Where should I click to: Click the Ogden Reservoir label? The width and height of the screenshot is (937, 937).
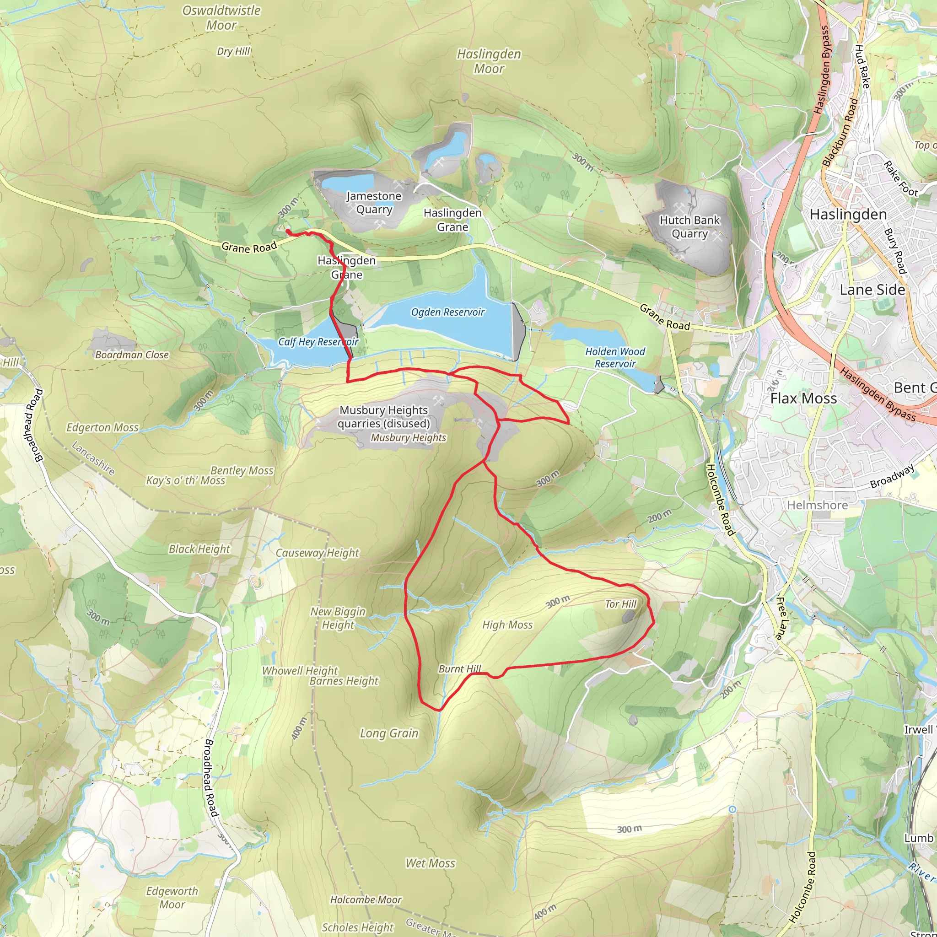(447, 312)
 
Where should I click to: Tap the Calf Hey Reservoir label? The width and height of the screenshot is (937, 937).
(318, 342)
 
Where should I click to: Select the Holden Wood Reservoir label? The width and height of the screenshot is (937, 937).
(615, 357)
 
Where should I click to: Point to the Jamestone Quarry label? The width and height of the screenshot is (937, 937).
(374, 203)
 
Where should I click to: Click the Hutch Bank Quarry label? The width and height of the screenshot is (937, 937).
(689, 227)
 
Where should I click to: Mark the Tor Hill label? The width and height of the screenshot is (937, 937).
(620, 604)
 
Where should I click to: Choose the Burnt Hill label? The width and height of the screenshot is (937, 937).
(459, 669)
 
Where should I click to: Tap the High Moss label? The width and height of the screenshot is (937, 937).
(507, 625)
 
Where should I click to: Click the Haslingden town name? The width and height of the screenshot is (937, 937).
(848, 215)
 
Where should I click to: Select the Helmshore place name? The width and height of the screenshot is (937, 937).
(817, 506)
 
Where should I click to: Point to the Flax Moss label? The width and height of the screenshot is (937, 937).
(803, 398)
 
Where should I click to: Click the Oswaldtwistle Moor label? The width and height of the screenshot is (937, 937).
(221, 18)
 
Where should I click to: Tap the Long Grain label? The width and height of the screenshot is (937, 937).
(389, 733)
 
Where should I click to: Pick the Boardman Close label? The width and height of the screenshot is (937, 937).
(132, 355)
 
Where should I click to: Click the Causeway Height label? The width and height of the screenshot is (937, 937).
(317, 553)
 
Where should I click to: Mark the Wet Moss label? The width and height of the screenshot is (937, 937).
(430, 863)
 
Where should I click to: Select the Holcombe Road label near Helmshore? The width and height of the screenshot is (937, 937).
(720, 500)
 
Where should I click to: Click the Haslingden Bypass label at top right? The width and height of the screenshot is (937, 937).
(823, 70)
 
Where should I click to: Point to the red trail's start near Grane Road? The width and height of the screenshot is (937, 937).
(288, 232)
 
